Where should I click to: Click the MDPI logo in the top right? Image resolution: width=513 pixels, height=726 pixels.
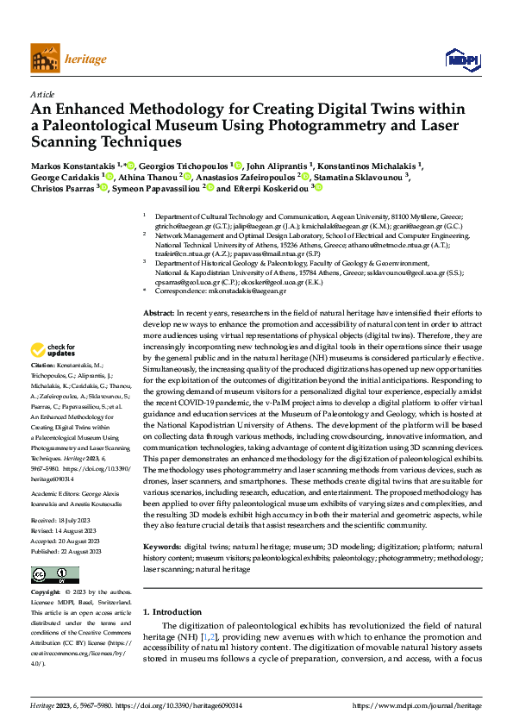pos(462,59)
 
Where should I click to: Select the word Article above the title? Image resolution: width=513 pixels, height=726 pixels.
pos(43,94)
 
